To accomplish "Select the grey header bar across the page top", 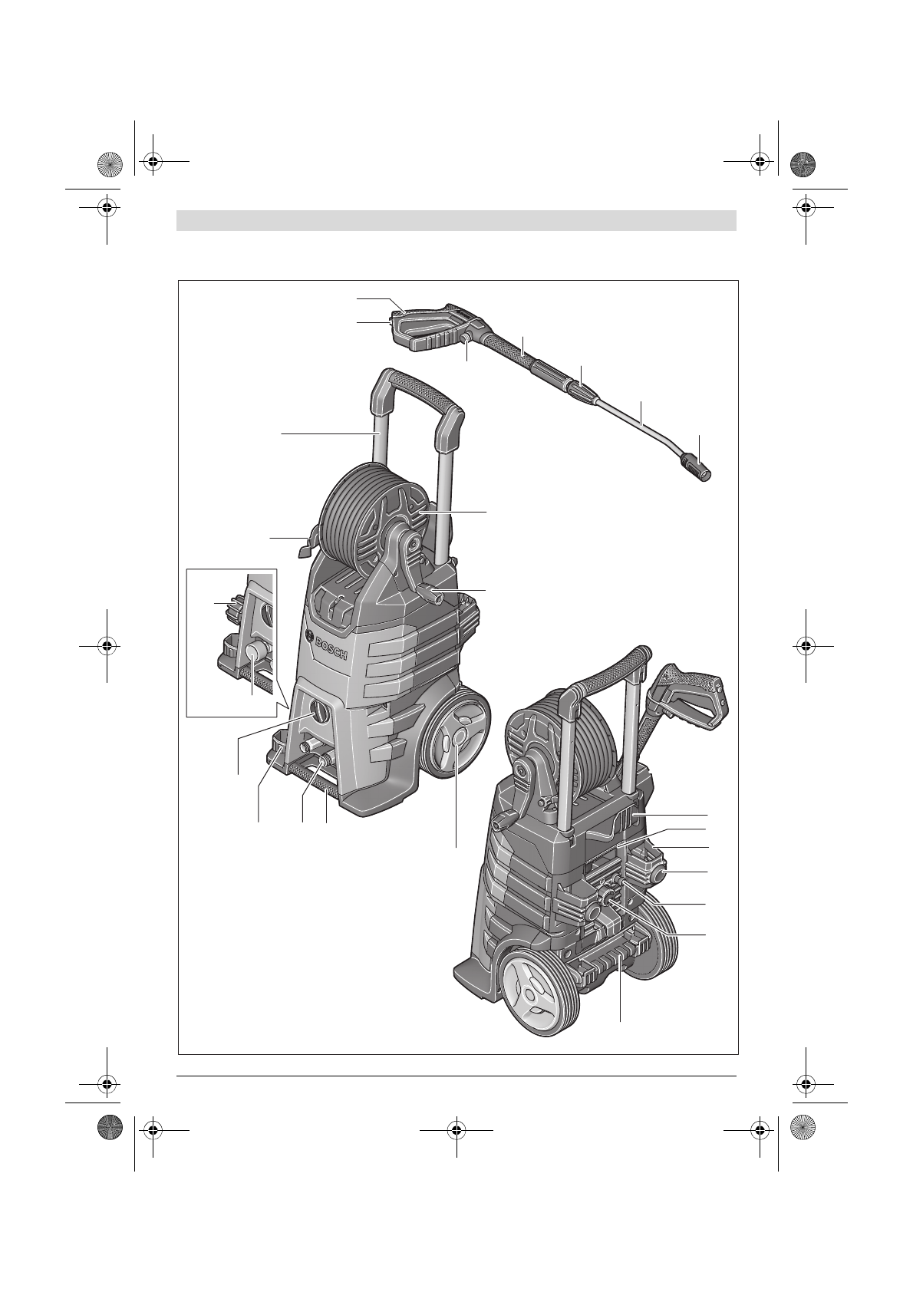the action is pos(457,221).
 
